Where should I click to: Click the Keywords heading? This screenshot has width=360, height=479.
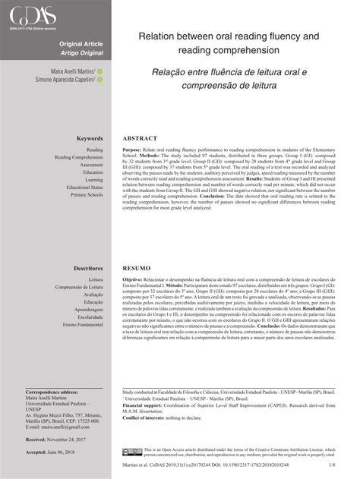pos(88,139)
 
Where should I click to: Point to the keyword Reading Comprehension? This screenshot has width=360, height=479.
pos(79,157)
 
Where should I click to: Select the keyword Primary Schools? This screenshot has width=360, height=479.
pos(87,195)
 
